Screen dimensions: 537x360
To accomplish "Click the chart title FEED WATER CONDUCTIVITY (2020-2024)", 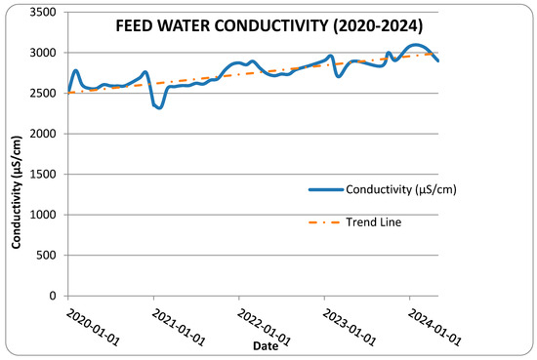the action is (x=269, y=26).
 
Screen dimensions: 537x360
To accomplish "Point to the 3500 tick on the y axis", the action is (x=43, y=13).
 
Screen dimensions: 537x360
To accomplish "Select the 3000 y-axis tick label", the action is (x=43, y=53).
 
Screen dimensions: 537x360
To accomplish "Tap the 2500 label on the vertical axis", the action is (x=43, y=93).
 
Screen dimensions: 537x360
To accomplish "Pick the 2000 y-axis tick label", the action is (x=43, y=134).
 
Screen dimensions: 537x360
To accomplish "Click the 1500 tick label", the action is (x=43, y=175).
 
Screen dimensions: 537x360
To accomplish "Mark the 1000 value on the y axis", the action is (x=43, y=215).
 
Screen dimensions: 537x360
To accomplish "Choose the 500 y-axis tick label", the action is (x=46, y=256).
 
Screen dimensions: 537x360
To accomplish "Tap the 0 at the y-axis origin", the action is (x=53, y=296).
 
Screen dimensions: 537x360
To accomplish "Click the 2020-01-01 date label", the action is (x=93, y=328).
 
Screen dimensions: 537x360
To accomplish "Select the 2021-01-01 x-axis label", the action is (x=179, y=328).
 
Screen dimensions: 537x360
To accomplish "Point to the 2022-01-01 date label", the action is (x=264, y=328).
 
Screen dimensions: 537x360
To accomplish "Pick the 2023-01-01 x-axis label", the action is (x=350, y=328).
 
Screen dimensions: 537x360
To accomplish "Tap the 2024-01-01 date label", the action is (x=434, y=328).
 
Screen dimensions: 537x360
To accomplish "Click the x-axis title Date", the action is (x=266, y=346).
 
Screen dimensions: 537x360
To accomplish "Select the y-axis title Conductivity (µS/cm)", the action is (x=17, y=192).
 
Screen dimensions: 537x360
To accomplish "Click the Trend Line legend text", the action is (x=374, y=222).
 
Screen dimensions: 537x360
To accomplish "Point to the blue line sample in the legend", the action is (x=326, y=189).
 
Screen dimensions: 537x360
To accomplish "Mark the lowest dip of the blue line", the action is (x=159, y=107).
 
